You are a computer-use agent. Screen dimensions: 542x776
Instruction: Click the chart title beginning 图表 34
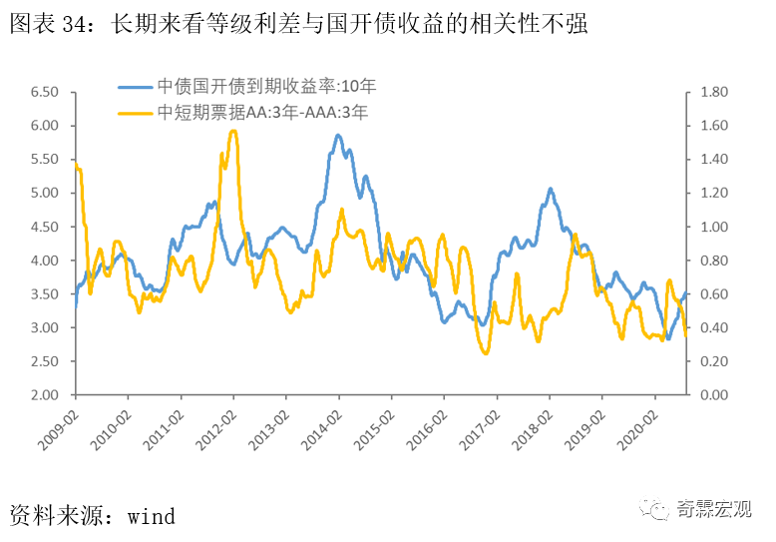coord(298,24)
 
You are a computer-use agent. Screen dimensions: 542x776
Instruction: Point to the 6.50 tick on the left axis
coord(45,93)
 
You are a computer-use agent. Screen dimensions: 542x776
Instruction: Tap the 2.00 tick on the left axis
coord(45,395)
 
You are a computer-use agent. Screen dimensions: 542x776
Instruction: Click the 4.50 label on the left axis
coord(45,228)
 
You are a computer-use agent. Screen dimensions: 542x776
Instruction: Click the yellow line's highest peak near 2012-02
coord(233,131)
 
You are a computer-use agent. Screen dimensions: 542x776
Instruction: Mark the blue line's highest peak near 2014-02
coord(338,136)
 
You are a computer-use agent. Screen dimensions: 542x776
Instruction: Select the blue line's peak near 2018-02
coord(550,188)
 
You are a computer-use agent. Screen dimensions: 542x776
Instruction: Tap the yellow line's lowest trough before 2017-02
coord(485,353)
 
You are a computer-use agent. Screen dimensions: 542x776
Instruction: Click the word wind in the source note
coord(151,516)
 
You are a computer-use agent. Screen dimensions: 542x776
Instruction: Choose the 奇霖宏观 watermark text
coord(712,511)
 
